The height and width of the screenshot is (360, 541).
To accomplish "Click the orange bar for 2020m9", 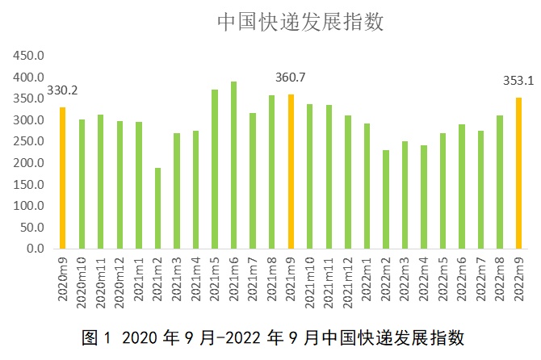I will coord(62,178).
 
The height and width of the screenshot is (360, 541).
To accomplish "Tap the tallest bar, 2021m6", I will coord(234,165).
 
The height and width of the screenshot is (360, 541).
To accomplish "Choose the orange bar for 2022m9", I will coord(519,173).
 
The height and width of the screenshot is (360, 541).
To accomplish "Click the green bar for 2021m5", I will coord(215,169).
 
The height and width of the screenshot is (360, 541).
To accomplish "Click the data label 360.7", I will coord(291,77).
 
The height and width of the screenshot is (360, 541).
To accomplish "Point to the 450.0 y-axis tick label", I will coord(29,56).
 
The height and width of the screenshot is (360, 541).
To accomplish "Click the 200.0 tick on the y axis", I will coord(29,163).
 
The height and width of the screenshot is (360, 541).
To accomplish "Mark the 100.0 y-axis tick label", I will coord(29,206).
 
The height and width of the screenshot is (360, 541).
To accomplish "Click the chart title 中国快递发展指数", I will coord(299,22).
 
